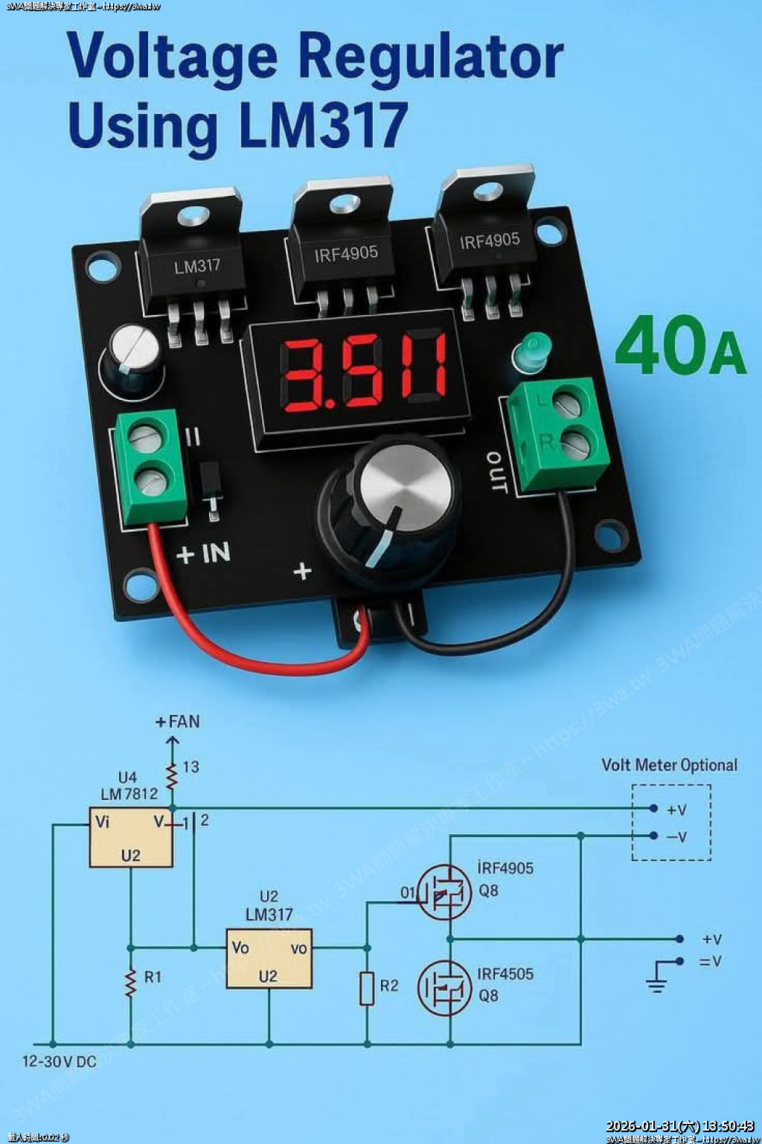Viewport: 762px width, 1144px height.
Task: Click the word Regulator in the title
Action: [432, 58]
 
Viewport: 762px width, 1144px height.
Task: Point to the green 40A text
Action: [679, 346]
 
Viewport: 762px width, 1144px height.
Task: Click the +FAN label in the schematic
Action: [178, 722]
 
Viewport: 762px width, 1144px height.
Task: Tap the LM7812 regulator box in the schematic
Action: [131, 837]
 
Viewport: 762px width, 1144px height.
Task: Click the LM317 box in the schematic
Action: [269, 959]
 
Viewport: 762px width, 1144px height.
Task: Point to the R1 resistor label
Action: [153, 977]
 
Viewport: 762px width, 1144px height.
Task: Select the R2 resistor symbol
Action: [367, 988]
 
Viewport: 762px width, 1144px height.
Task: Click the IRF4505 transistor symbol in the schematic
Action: [444, 988]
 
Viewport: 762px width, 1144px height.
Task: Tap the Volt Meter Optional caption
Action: [669, 765]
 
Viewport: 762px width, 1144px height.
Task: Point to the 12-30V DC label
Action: [60, 1061]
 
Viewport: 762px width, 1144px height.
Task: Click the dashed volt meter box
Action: [671, 822]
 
